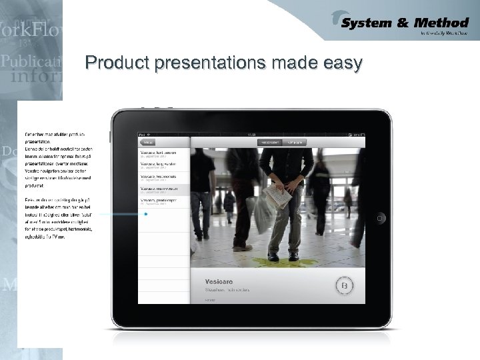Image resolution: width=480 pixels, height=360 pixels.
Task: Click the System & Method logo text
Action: pyautogui.click(x=405, y=24)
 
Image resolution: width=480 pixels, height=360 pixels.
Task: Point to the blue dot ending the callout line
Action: pyautogui.click(x=145, y=215)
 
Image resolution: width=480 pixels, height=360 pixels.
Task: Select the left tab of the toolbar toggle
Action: pyautogui.click(x=270, y=142)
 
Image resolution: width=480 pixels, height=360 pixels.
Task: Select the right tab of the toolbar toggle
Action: pyautogui.click(x=293, y=142)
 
